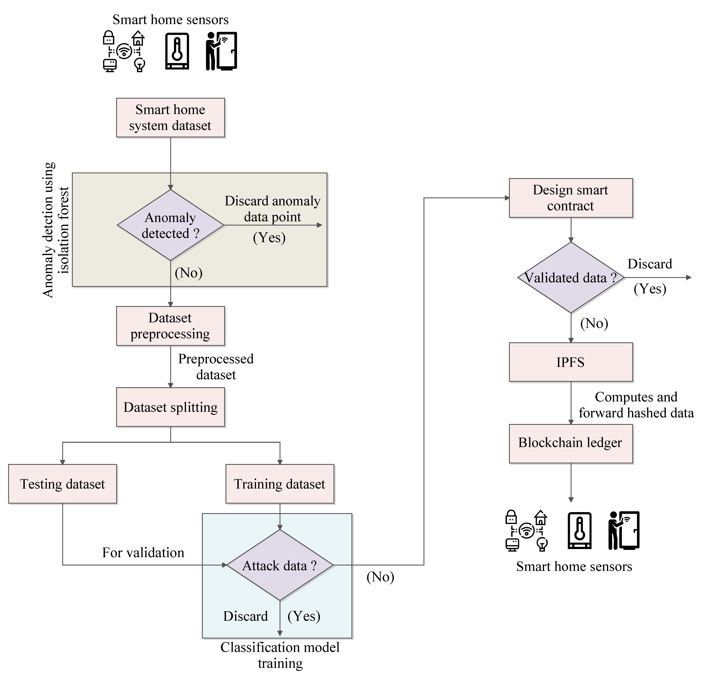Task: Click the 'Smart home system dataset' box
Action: pos(170,117)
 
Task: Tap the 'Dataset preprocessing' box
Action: pos(170,326)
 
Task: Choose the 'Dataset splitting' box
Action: pos(170,407)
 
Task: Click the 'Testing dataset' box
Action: pos(62,484)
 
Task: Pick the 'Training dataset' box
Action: pos(280,484)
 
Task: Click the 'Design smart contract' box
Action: pos(571,198)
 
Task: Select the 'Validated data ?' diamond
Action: pos(571,278)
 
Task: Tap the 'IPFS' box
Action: pos(571,362)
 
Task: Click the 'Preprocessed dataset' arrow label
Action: pos(216,367)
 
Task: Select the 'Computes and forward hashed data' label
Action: pos(636,405)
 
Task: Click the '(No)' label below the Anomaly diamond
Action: pos(188,273)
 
